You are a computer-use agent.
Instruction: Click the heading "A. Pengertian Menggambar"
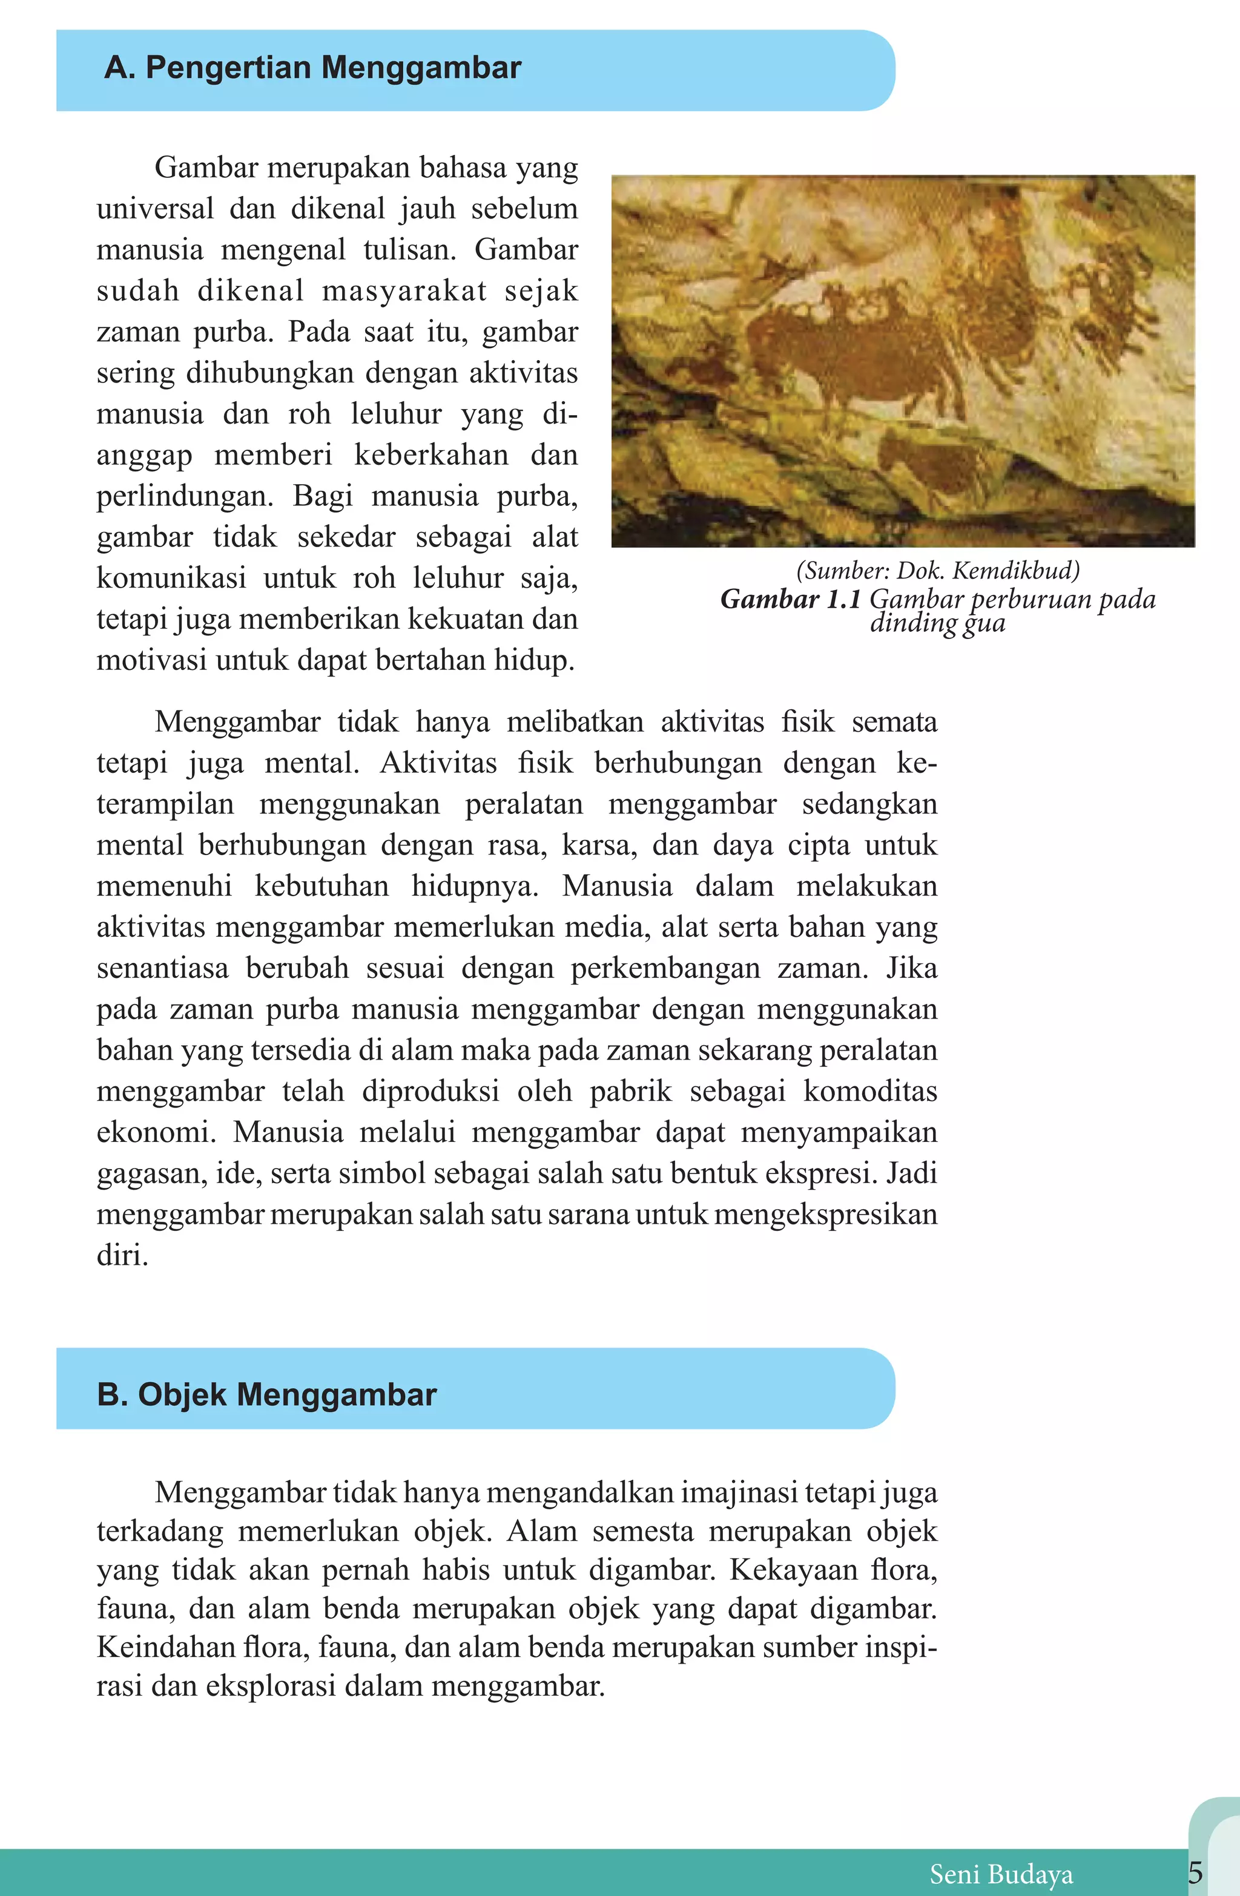[x=312, y=68]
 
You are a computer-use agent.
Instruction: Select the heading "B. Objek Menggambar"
[x=266, y=1394]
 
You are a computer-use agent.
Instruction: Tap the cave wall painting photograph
[x=902, y=361]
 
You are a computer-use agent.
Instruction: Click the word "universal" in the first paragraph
[x=154, y=209]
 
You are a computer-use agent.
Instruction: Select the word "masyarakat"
[x=403, y=290]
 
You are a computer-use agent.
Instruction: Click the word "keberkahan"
[x=431, y=455]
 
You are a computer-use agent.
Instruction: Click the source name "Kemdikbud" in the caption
[x=1016, y=571]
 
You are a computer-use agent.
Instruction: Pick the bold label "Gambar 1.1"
[x=790, y=599]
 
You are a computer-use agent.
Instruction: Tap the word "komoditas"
[x=869, y=1091]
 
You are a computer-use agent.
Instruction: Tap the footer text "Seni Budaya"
[x=1000, y=1874]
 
